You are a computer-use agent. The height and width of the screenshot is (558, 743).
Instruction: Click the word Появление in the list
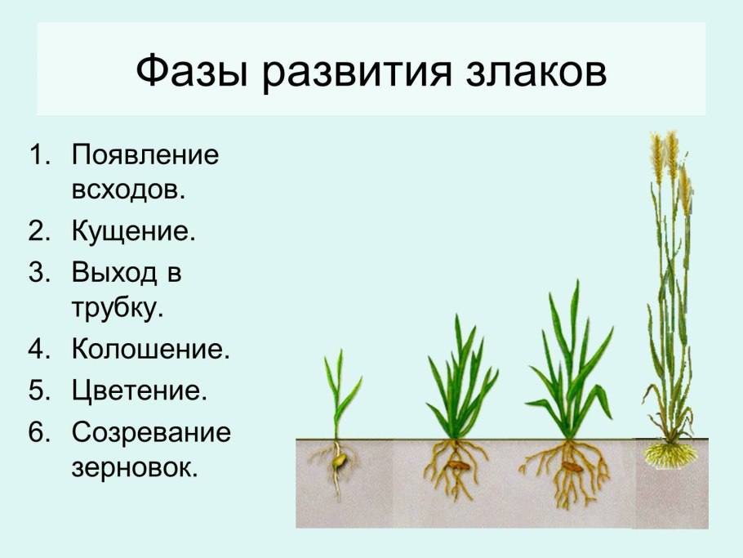tap(145, 155)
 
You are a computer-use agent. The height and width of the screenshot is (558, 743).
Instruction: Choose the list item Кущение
tap(134, 232)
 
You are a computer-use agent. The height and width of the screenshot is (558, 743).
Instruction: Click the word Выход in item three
tap(113, 272)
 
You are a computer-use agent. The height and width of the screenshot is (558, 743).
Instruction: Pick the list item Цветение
tap(139, 390)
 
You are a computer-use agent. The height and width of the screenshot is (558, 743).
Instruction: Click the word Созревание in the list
tap(151, 431)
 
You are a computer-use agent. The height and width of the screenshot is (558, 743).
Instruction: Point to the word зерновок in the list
tap(135, 468)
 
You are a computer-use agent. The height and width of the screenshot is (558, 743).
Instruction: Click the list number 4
tap(40, 350)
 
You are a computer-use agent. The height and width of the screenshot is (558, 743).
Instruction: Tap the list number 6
tap(40, 431)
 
